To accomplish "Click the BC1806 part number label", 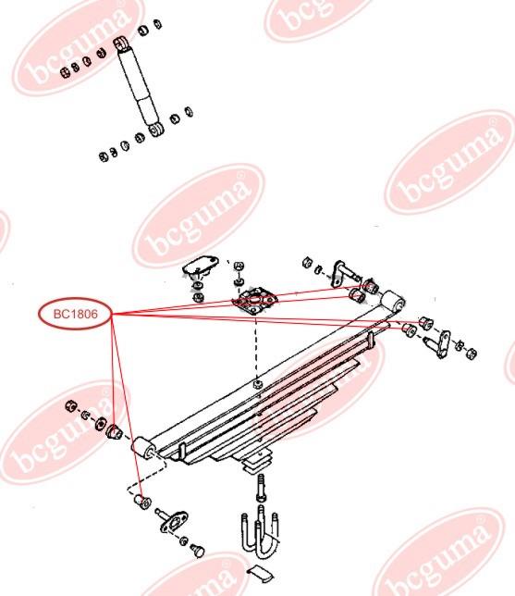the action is pyautogui.click(x=76, y=314).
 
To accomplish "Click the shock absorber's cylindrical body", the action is pyautogui.click(x=138, y=87).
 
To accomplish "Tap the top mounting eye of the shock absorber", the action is pyautogui.click(x=121, y=43).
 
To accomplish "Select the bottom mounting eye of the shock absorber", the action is pyautogui.click(x=156, y=130).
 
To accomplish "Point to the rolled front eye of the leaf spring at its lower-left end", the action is pyautogui.click(x=142, y=447).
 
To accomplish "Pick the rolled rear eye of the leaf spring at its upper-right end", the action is pyautogui.click(x=393, y=302).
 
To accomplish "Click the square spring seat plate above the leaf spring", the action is pyautogui.click(x=255, y=300).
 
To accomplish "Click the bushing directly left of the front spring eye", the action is pyautogui.click(x=113, y=432).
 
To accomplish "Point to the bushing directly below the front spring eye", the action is pyautogui.click(x=143, y=502).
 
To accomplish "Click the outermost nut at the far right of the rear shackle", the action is pyautogui.click(x=471, y=354).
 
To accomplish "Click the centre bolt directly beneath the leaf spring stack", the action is pyautogui.click(x=262, y=488).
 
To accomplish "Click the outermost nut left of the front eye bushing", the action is pyautogui.click(x=71, y=406).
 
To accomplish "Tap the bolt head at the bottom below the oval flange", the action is pyautogui.click(x=198, y=551).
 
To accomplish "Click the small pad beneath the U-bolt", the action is pyautogui.click(x=260, y=574).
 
